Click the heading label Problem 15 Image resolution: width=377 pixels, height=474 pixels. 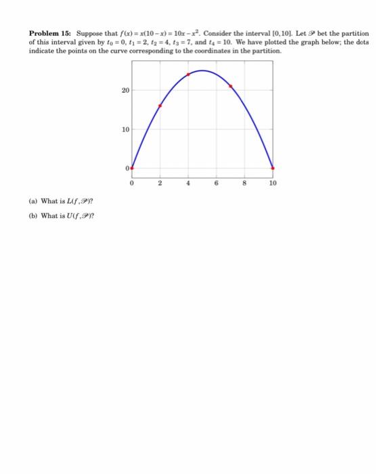click(50, 33)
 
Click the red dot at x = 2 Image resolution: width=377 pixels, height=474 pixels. click(160, 106)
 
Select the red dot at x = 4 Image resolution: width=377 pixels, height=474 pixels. click(188, 74)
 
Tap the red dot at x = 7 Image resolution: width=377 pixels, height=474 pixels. click(231, 86)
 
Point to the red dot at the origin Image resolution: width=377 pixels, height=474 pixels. click(131, 168)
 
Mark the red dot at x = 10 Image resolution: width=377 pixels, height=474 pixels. click(273, 168)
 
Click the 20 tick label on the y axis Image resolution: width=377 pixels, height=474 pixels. click(125, 89)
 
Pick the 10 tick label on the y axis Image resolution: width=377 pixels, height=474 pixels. click(125, 129)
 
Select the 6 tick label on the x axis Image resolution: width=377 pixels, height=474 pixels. click(217, 182)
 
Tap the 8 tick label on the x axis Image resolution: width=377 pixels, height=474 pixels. click(245, 182)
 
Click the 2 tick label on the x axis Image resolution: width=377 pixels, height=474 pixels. click(160, 182)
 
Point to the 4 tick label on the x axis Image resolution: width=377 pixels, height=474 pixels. click(188, 182)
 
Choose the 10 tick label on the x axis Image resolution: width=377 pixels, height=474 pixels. click(273, 182)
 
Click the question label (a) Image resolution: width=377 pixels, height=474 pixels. click(33, 200)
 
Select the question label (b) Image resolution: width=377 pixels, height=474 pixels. click(33, 216)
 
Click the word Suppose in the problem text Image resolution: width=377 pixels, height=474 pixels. click(89, 33)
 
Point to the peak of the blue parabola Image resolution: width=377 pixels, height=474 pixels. click(202, 70)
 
